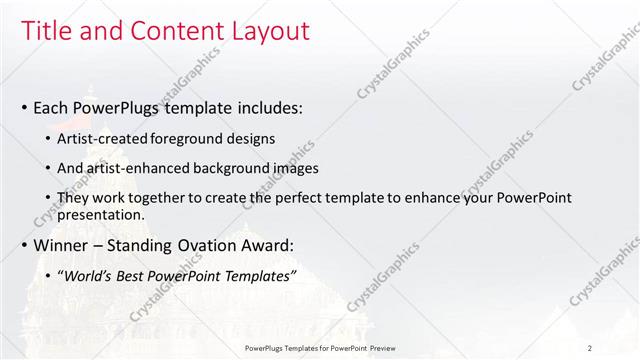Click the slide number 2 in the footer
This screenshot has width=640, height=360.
coord(590,348)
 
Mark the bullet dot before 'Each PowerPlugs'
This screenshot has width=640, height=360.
coord(24,107)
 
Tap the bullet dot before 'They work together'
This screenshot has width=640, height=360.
coord(51,199)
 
